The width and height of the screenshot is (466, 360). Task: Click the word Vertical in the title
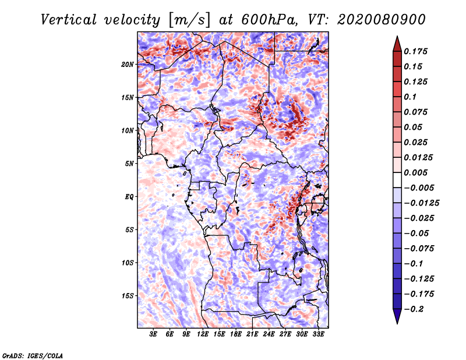(x=68, y=20)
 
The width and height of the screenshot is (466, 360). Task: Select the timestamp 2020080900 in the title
(x=382, y=20)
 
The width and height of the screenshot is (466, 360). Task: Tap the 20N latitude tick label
(x=127, y=64)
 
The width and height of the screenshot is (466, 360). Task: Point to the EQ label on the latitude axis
(x=129, y=196)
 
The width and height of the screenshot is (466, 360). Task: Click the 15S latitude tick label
(x=127, y=296)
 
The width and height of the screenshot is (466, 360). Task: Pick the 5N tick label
(x=129, y=164)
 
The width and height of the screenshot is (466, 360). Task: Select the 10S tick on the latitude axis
(x=127, y=263)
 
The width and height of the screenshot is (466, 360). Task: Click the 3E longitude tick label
(x=153, y=334)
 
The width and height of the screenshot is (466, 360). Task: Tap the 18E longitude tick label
(x=236, y=334)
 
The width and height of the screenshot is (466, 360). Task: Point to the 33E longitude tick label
(x=318, y=334)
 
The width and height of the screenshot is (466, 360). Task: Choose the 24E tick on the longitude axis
(x=269, y=334)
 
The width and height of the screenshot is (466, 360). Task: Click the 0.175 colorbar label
(x=415, y=51)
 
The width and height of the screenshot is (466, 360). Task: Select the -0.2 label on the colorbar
(x=414, y=309)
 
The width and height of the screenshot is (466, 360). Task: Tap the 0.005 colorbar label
(x=415, y=172)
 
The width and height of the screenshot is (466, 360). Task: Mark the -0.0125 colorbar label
(x=421, y=203)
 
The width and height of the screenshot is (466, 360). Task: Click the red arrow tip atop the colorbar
(x=397, y=36)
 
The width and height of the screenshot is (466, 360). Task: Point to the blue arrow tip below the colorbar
(x=397, y=323)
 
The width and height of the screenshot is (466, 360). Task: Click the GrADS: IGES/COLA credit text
(x=33, y=355)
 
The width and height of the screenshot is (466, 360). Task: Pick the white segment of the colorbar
(x=397, y=180)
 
